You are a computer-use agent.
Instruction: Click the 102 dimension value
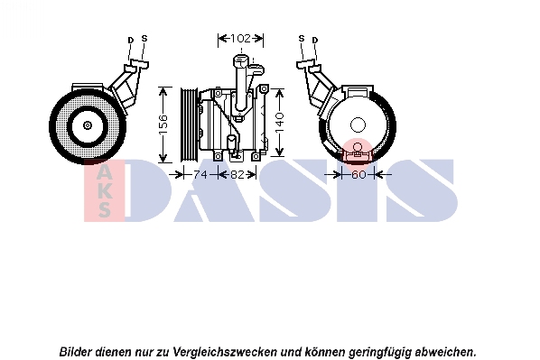(240, 38)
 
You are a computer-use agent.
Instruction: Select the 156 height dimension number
(163, 125)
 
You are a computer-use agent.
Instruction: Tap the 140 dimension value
(280, 123)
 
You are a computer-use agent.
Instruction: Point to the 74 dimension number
(200, 175)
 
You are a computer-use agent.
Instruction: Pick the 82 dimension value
(237, 175)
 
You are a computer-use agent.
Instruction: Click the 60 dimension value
(358, 175)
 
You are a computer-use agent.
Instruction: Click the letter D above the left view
(131, 41)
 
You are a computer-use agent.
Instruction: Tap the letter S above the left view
(144, 39)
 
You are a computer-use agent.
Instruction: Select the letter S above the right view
(302, 39)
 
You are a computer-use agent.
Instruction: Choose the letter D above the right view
(315, 41)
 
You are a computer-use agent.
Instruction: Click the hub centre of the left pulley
(88, 125)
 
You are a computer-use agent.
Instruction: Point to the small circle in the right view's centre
(358, 125)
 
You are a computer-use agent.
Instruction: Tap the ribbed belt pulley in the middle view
(189, 125)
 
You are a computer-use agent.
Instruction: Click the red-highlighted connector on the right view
(358, 152)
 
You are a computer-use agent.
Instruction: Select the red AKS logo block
(104, 190)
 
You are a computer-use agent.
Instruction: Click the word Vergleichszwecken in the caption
(225, 352)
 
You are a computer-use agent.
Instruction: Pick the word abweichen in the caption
(445, 352)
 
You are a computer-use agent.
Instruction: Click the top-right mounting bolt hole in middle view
(264, 89)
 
